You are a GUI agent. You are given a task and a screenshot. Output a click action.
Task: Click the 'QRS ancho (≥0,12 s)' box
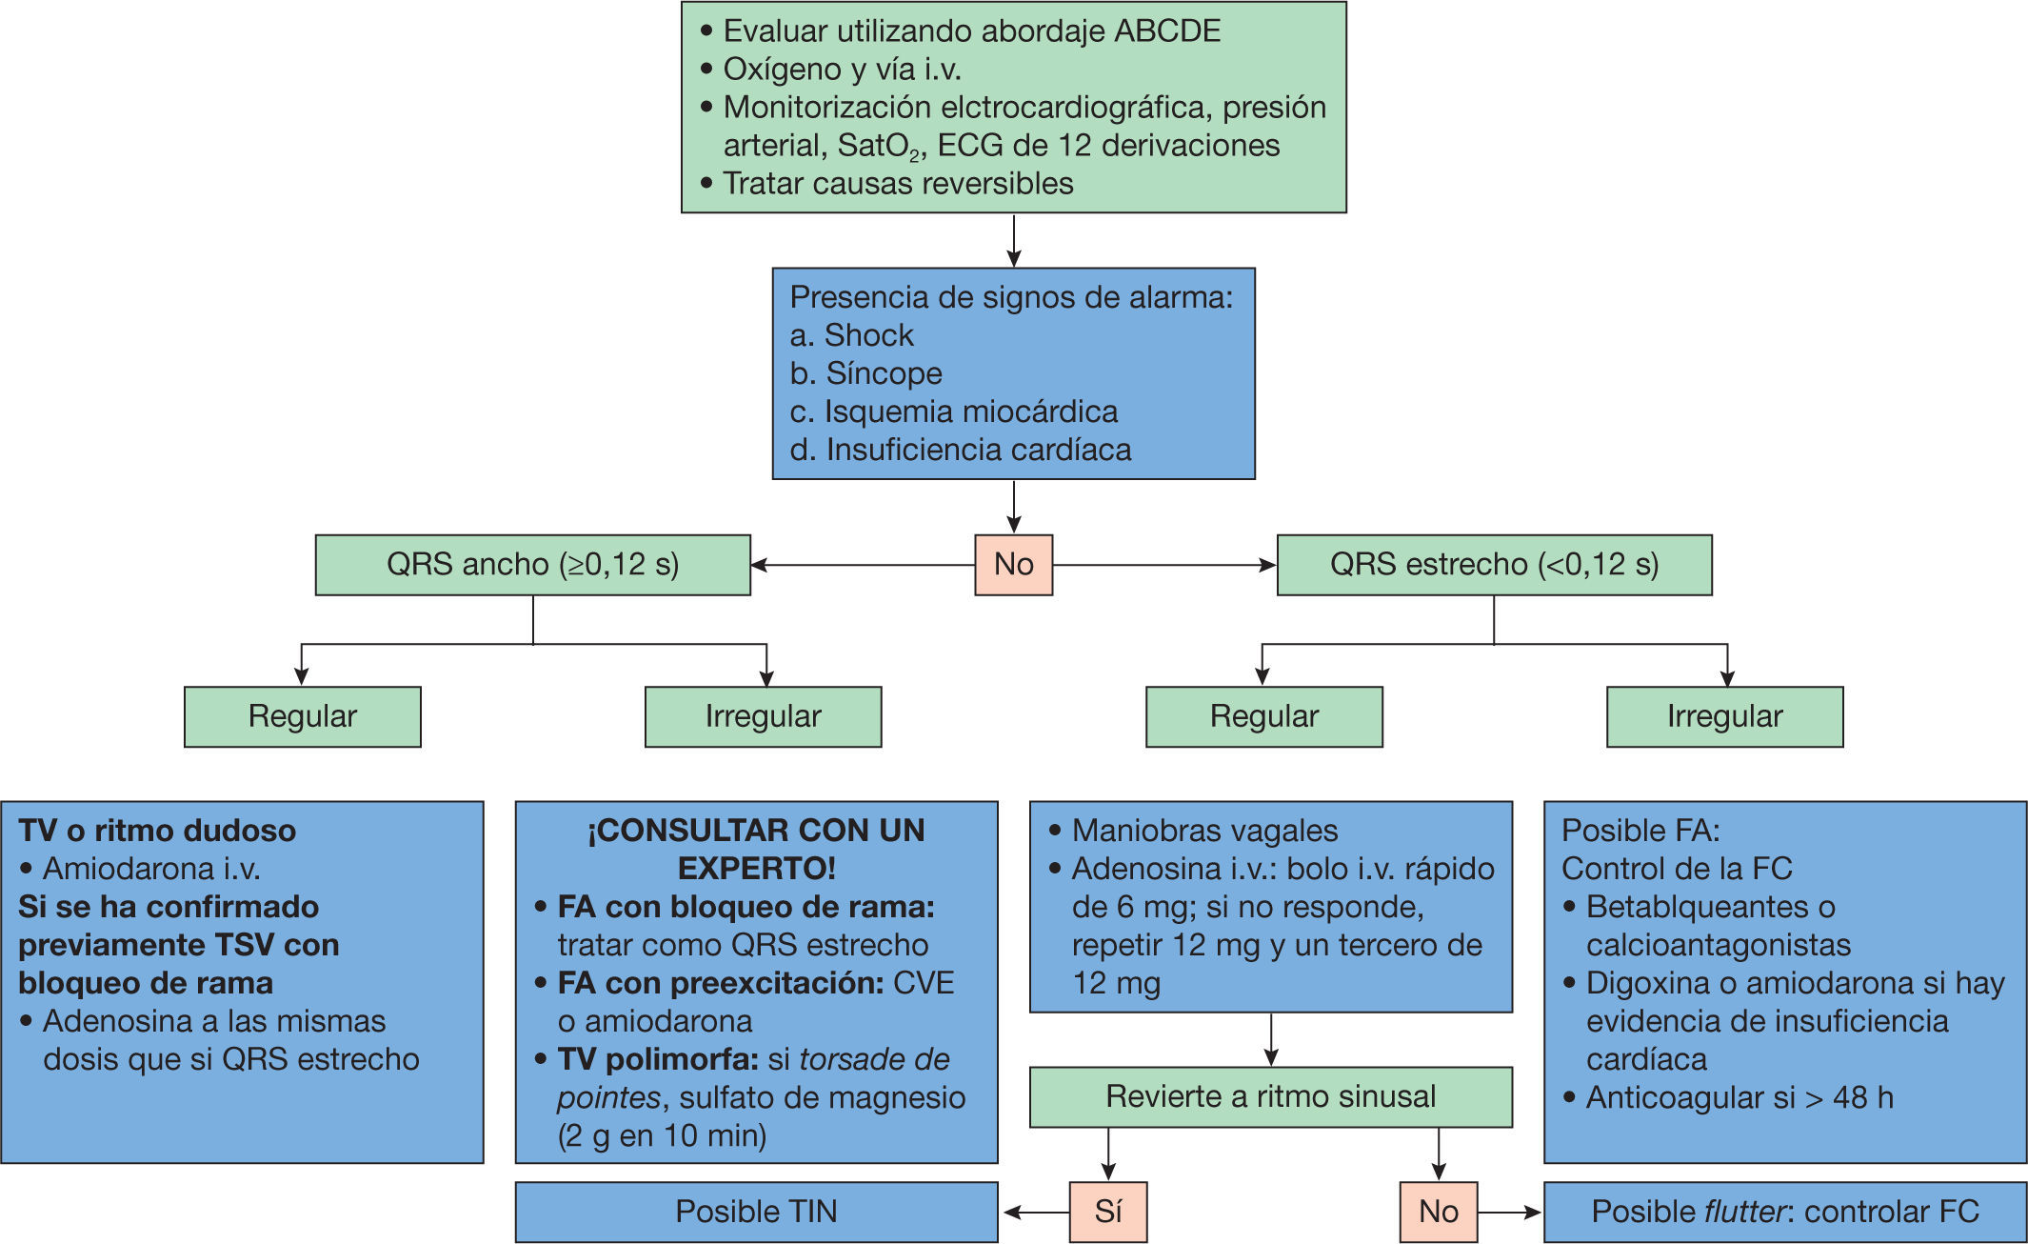coord(532,565)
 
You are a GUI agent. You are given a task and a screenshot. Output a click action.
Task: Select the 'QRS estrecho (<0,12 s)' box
coord(1493,565)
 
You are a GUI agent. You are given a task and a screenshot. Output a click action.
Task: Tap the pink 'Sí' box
coord(1107,1212)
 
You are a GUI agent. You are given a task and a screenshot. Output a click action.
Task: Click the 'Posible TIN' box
coord(756,1212)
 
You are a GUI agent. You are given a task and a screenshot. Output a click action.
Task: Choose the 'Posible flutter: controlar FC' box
coord(1784,1212)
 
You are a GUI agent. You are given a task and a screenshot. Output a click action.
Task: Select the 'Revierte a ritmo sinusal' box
coord(1270,1096)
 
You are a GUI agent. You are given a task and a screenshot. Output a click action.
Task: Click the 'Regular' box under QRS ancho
coord(302,716)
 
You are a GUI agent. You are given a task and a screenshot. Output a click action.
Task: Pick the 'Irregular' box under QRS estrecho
coord(1724,716)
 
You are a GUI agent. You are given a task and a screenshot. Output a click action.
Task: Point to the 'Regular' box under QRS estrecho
coord(1263,716)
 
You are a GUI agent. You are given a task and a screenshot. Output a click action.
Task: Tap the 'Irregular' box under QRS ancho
coord(763,716)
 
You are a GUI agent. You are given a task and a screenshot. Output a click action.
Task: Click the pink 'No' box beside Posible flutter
coord(1438,1212)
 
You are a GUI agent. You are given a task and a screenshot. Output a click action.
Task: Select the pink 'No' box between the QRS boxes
coord(1013,565)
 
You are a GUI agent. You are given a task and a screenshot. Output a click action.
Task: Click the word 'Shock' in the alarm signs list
coord(868,335)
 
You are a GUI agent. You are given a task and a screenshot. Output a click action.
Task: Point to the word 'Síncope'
coord(884,373)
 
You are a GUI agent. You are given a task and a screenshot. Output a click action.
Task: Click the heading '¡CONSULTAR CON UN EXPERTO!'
coord(756,849)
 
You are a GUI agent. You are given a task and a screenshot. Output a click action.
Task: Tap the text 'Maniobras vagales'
coord(1204,831)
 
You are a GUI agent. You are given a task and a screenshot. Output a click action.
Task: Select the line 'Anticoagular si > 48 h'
coord(1739,1097)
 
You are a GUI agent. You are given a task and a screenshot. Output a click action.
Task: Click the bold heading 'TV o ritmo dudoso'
coord(157,831)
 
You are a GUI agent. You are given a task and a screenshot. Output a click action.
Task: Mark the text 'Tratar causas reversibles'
coord(898,183)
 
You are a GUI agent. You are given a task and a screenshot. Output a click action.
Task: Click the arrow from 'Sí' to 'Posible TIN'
coord(1036,1213)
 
